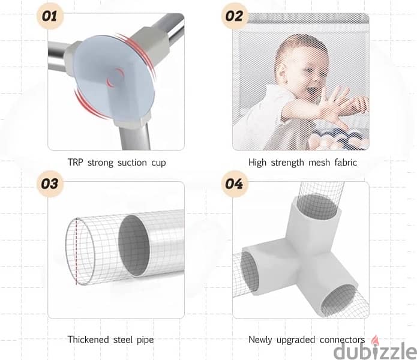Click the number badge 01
(x=50, y=16)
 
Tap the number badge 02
(x=234, y=16)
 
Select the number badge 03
(x=50, y=184)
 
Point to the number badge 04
(x=234, y=184)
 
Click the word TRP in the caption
(x=75, y=162)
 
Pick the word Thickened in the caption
(x=88, y=339)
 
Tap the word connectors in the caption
(x=342, y=340)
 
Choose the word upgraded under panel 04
(x=295, y=340)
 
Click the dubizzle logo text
(x=375, y=351)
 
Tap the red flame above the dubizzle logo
(x=375, y=339)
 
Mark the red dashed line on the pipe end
(x=77, y=251)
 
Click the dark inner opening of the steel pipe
(x=134, y=245)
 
